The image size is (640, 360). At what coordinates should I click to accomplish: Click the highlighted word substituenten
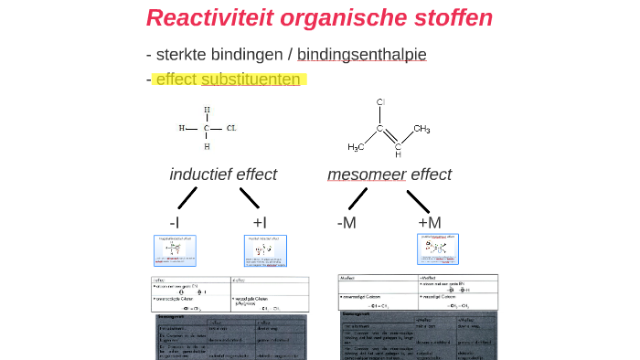(251, 79)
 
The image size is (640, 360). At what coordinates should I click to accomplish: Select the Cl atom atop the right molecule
(381, 101)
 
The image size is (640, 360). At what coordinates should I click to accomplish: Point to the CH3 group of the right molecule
(421, 129)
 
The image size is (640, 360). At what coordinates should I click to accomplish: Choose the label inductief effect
(223, 175)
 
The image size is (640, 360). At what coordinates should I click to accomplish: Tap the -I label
(174, 222)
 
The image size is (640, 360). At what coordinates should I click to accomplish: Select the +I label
(259, 222)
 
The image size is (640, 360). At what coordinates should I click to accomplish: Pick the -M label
(347, 222)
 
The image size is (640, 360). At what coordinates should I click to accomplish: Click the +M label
(430, 222)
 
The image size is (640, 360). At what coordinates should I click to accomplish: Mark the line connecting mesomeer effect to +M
(418, 200)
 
